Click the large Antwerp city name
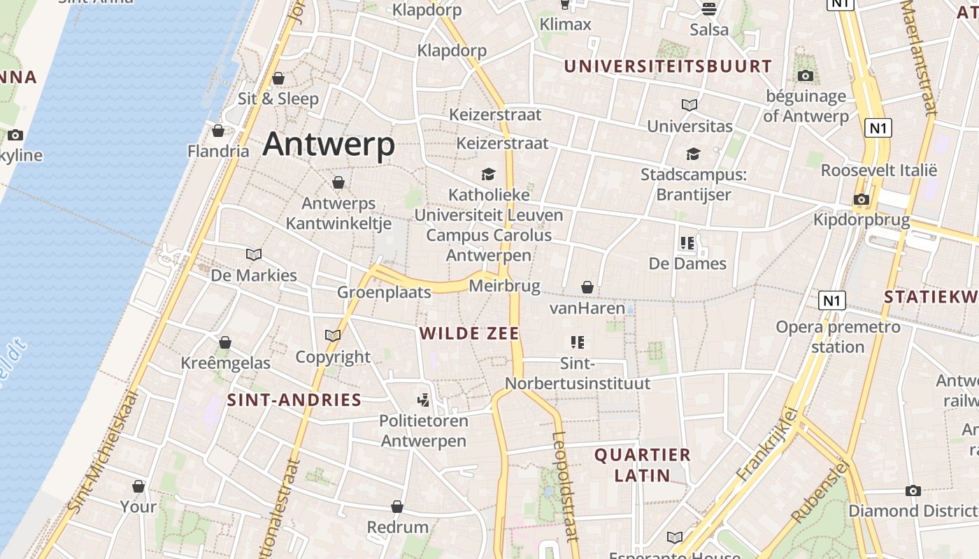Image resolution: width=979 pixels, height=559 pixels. click(329, 145)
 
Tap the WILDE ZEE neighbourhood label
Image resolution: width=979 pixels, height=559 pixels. click(470, 333)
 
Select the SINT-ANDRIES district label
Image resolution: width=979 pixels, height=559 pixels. click(294, 400)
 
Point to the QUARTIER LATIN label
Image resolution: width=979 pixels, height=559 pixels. click(642, 465)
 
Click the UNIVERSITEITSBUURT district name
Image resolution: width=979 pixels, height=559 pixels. click(668, 66)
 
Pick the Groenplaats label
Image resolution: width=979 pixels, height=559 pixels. click(384, 292)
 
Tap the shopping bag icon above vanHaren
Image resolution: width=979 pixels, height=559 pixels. click(587, 288)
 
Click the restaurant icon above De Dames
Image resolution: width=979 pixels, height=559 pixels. click(687, 243)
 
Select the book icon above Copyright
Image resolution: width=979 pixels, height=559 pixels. click(333, 336)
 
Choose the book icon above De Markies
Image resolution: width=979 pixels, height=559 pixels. click(254, 255)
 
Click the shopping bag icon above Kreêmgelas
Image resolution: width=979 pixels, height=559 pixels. click(225, 342)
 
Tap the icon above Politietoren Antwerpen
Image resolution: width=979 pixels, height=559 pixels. click(423, 400)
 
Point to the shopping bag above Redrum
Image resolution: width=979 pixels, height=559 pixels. click(397, 507)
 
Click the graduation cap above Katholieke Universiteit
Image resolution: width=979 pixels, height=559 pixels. click(488, 174)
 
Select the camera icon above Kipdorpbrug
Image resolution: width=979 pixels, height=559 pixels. click(862, 200)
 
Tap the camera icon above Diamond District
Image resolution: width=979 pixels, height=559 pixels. click(913, 491)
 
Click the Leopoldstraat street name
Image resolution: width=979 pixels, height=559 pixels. click(565, 486)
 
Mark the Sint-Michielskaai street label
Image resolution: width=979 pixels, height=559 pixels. click(101, 454)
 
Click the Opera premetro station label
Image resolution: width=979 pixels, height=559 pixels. click(838, 336)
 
